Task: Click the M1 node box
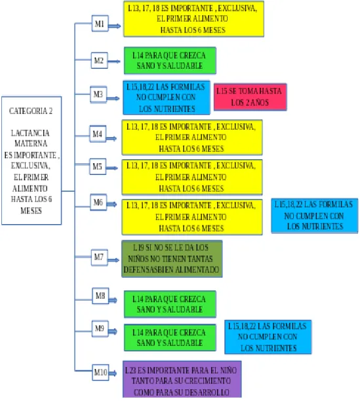coord(100,24)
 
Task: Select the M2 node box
coord(99,60)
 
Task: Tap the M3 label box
coord(98,94)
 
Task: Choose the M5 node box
coord(98,166)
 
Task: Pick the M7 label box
coord(99,258)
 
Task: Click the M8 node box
coord(100,296)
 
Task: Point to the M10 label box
coord(100,372)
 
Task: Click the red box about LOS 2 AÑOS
coord(250,97)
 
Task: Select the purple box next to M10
coord(182,379)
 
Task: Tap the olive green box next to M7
coord(172,259)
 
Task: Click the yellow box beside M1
coord(193,19)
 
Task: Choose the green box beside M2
coord(170,61)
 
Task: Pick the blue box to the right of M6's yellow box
coord(315,216)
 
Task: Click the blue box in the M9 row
coord(268,337)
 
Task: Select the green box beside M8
coord(170,304)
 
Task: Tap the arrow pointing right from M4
coord(111,139)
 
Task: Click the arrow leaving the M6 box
coord(111,204)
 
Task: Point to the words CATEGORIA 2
coord(31,111)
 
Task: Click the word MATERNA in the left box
coord(31,143)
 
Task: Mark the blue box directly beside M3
coord(167,98)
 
